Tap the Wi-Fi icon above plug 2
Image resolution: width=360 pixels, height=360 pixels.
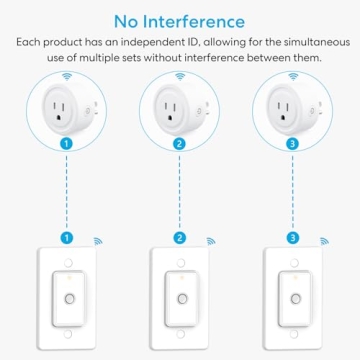pyautogui.click(x=179, y=76)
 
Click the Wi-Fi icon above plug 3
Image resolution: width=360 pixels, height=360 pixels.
pyautogui.click(x=291, y=76)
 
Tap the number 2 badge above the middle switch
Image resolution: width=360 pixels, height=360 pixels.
pyautogui.click(x=180, y=239)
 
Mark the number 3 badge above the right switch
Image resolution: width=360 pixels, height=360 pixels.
pyautogui.click(x=292, y=239)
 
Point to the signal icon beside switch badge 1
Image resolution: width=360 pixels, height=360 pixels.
pyautogui.click(x=98, y=241)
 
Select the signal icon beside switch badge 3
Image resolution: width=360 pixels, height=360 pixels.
pyautogui.click(x=323, y=241)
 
